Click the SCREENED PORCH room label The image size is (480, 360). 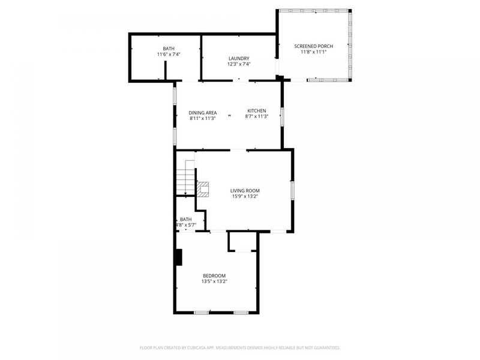(x=313, y=46)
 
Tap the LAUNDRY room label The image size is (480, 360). (x=238, y=58)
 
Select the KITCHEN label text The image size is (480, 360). (x=257, y=111)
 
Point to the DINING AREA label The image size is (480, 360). (x=202, y=113)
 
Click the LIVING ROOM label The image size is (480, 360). (x=245, y=191)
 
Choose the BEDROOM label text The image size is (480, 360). (x=214, y=275)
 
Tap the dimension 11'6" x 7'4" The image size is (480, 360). (x=169, y=54)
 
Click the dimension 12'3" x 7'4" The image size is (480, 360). (x=238, y=64)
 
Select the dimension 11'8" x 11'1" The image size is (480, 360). (x=313, y=52)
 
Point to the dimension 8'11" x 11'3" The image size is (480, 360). (x=202, y=118)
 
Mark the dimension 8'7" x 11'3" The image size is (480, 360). (x=257, y=116)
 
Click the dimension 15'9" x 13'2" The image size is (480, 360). (x=245, y=196)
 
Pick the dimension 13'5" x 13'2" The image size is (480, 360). (x=214, y=281)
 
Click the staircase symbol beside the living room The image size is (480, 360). (x=185, y=178)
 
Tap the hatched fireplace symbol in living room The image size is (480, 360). (x=204, y=190)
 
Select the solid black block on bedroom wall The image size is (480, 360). (x=178, y=257)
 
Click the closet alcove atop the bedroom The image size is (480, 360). (x=242, y=241)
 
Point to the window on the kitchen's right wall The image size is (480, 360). (x=282, y=116)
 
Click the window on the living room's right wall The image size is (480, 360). (x=293, y=190)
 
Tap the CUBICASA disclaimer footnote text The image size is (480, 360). (x=240, y=347)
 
